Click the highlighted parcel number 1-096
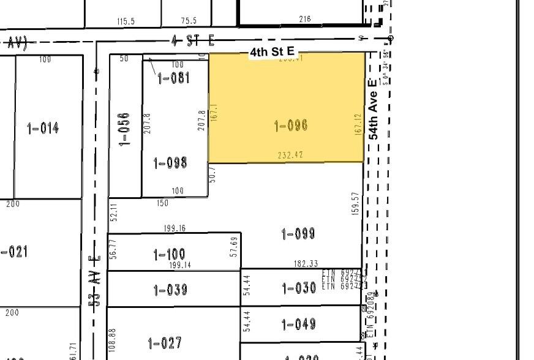tap(290, 126)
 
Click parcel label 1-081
tap(173, 78)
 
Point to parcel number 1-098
tap(170, 163)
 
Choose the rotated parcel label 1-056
tap(125, 128)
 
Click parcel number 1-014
tap(43, 128)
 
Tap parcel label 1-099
tap(298, 233)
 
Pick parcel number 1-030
tap(299, 288)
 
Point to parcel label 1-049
tap(299, 324)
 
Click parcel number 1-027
tap(165, 343)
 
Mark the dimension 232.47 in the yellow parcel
tap(290, 156)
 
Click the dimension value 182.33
tap(306, 263)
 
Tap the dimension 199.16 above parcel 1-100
tap(175, 228)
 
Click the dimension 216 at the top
tap(304, 19)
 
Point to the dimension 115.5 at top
tap(125, 21)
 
